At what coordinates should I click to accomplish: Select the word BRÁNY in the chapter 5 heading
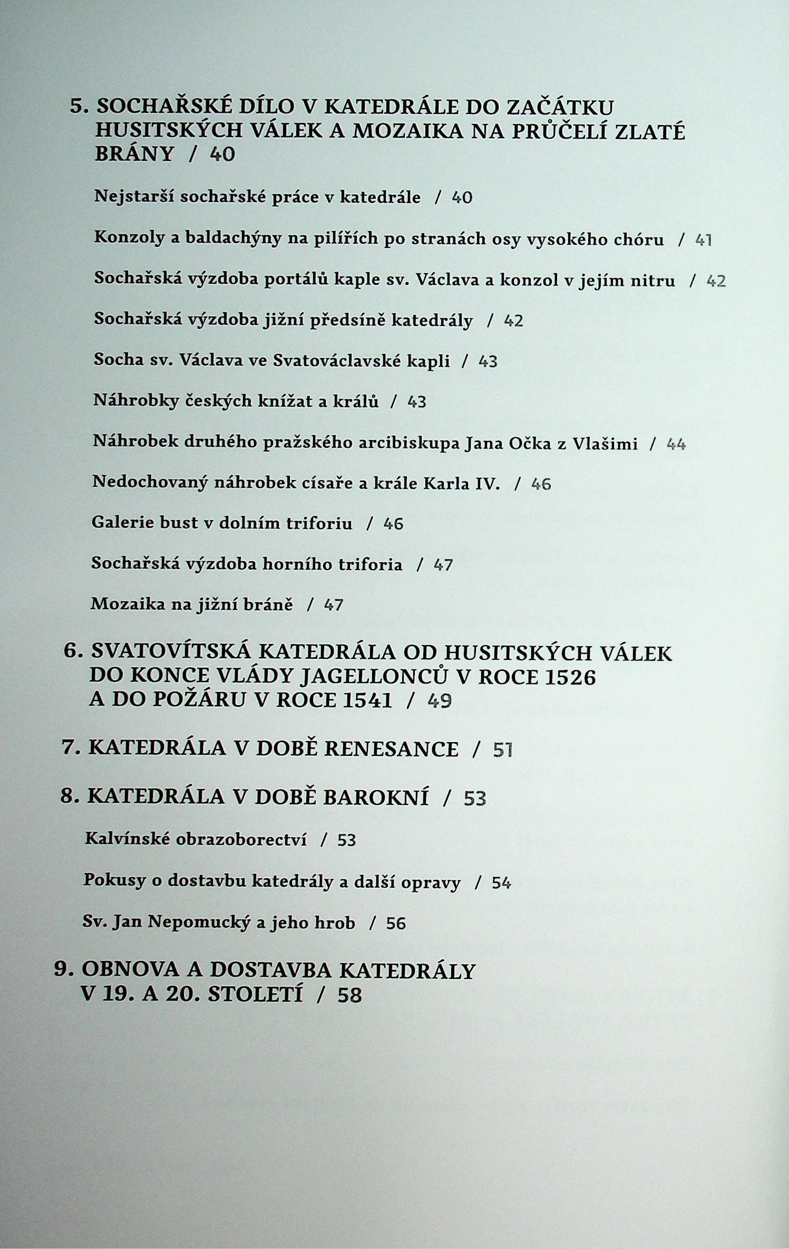[x=134, y=154]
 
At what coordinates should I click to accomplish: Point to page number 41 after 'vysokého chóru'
[x=704, y=241]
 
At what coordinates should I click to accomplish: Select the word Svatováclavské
[x=361, y=361]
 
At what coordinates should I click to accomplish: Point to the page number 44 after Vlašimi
[x=676, y=444]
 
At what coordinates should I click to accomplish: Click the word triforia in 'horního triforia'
[x=370, y=564]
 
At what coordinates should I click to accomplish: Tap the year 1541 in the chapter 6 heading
[x=367, y=700]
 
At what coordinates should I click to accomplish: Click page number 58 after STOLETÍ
[x=349, y=995]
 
